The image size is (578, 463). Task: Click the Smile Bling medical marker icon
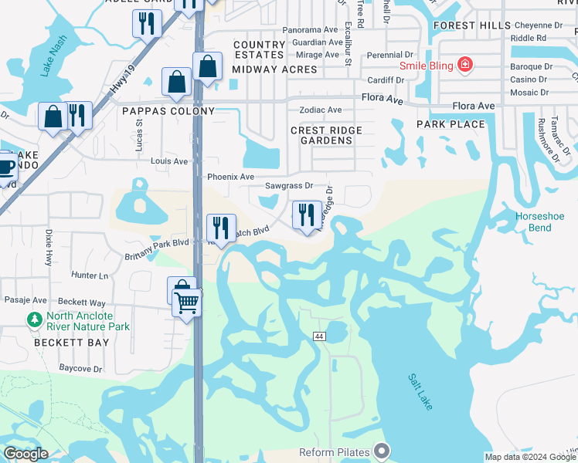pyautogui.click(x=464, y=64)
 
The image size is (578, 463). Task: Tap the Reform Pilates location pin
pyautogui.click(x=380, y=450)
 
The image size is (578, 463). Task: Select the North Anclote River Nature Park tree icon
pyautogui.click(x=34, y=319)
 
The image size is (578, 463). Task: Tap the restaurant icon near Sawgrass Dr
pyautogui.click(x=307, y=214)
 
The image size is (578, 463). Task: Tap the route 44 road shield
pyautogui.click(x=318, y=336)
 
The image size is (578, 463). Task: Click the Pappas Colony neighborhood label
pyautogui.click(x=168, y=111)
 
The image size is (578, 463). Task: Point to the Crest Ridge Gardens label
pyautogui.click(x=321, y=136)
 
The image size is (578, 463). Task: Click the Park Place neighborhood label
pyautogui.click(x=450, y=124)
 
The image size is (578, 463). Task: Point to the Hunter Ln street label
pyautogui.click(x=90, y=275)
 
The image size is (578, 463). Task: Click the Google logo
pyautogui.click(x=25, y=454)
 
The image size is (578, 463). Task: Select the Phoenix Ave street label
pyautogui.click(x=230, y=177)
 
